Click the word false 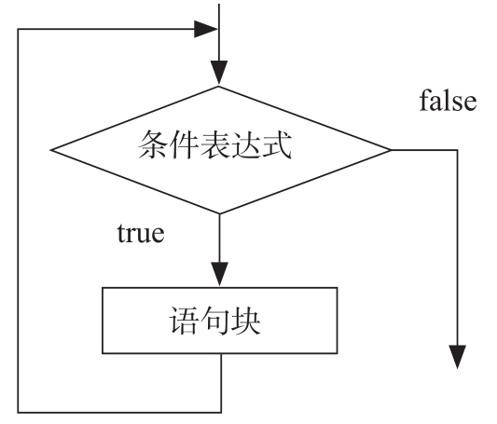tap(448, 101)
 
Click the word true tap(141, 233)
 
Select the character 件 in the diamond tap(184, 144)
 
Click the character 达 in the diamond tap(245, 144)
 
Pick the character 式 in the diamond tap(276, 144)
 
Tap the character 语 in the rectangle tap(185, 321)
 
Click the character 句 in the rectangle tap(214, 321)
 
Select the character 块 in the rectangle tap(245, 321)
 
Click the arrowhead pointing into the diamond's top tap(219, 72)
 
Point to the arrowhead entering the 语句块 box tap(219, 274)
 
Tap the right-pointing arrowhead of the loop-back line tap(206, 29)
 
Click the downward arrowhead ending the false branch tap(458, 357)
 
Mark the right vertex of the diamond tap(391, 150)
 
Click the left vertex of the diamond tap(50, 150)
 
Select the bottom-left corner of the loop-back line tap(18, 412)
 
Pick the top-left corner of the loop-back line tap(18, 29)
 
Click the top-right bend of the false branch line tap(458, 150)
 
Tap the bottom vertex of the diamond tap(219, 213)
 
